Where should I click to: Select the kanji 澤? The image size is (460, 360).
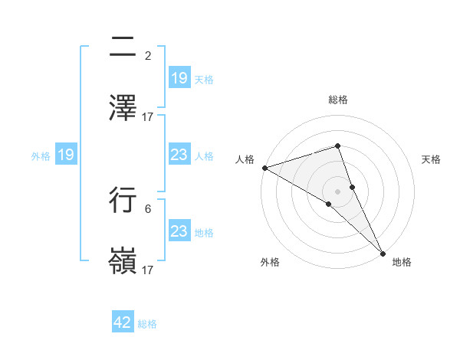pos(123,108)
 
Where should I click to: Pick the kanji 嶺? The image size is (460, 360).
pos(123,261)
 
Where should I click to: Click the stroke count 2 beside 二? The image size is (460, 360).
pos(148,56)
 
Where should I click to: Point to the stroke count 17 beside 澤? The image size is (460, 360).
pos(148,117)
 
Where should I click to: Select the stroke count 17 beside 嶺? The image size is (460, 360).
pos(148,270)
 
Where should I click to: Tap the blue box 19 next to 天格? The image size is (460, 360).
pos(179,78)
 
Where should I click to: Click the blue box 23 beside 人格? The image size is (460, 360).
pos(179,155)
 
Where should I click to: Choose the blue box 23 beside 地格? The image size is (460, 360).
pos(179,231)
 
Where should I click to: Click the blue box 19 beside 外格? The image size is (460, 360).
pos(66,155)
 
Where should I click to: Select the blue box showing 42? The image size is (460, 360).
pos(123,322)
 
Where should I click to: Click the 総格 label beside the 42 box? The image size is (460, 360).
pos(147,324)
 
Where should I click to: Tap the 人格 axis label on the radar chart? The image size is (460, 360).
pos(245,159)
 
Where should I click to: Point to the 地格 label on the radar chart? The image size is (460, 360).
pos(402,263)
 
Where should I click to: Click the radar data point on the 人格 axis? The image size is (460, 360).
pos(264,168)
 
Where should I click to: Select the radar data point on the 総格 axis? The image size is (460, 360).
pos(337,146)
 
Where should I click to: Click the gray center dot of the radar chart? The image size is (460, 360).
pos(337,191)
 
